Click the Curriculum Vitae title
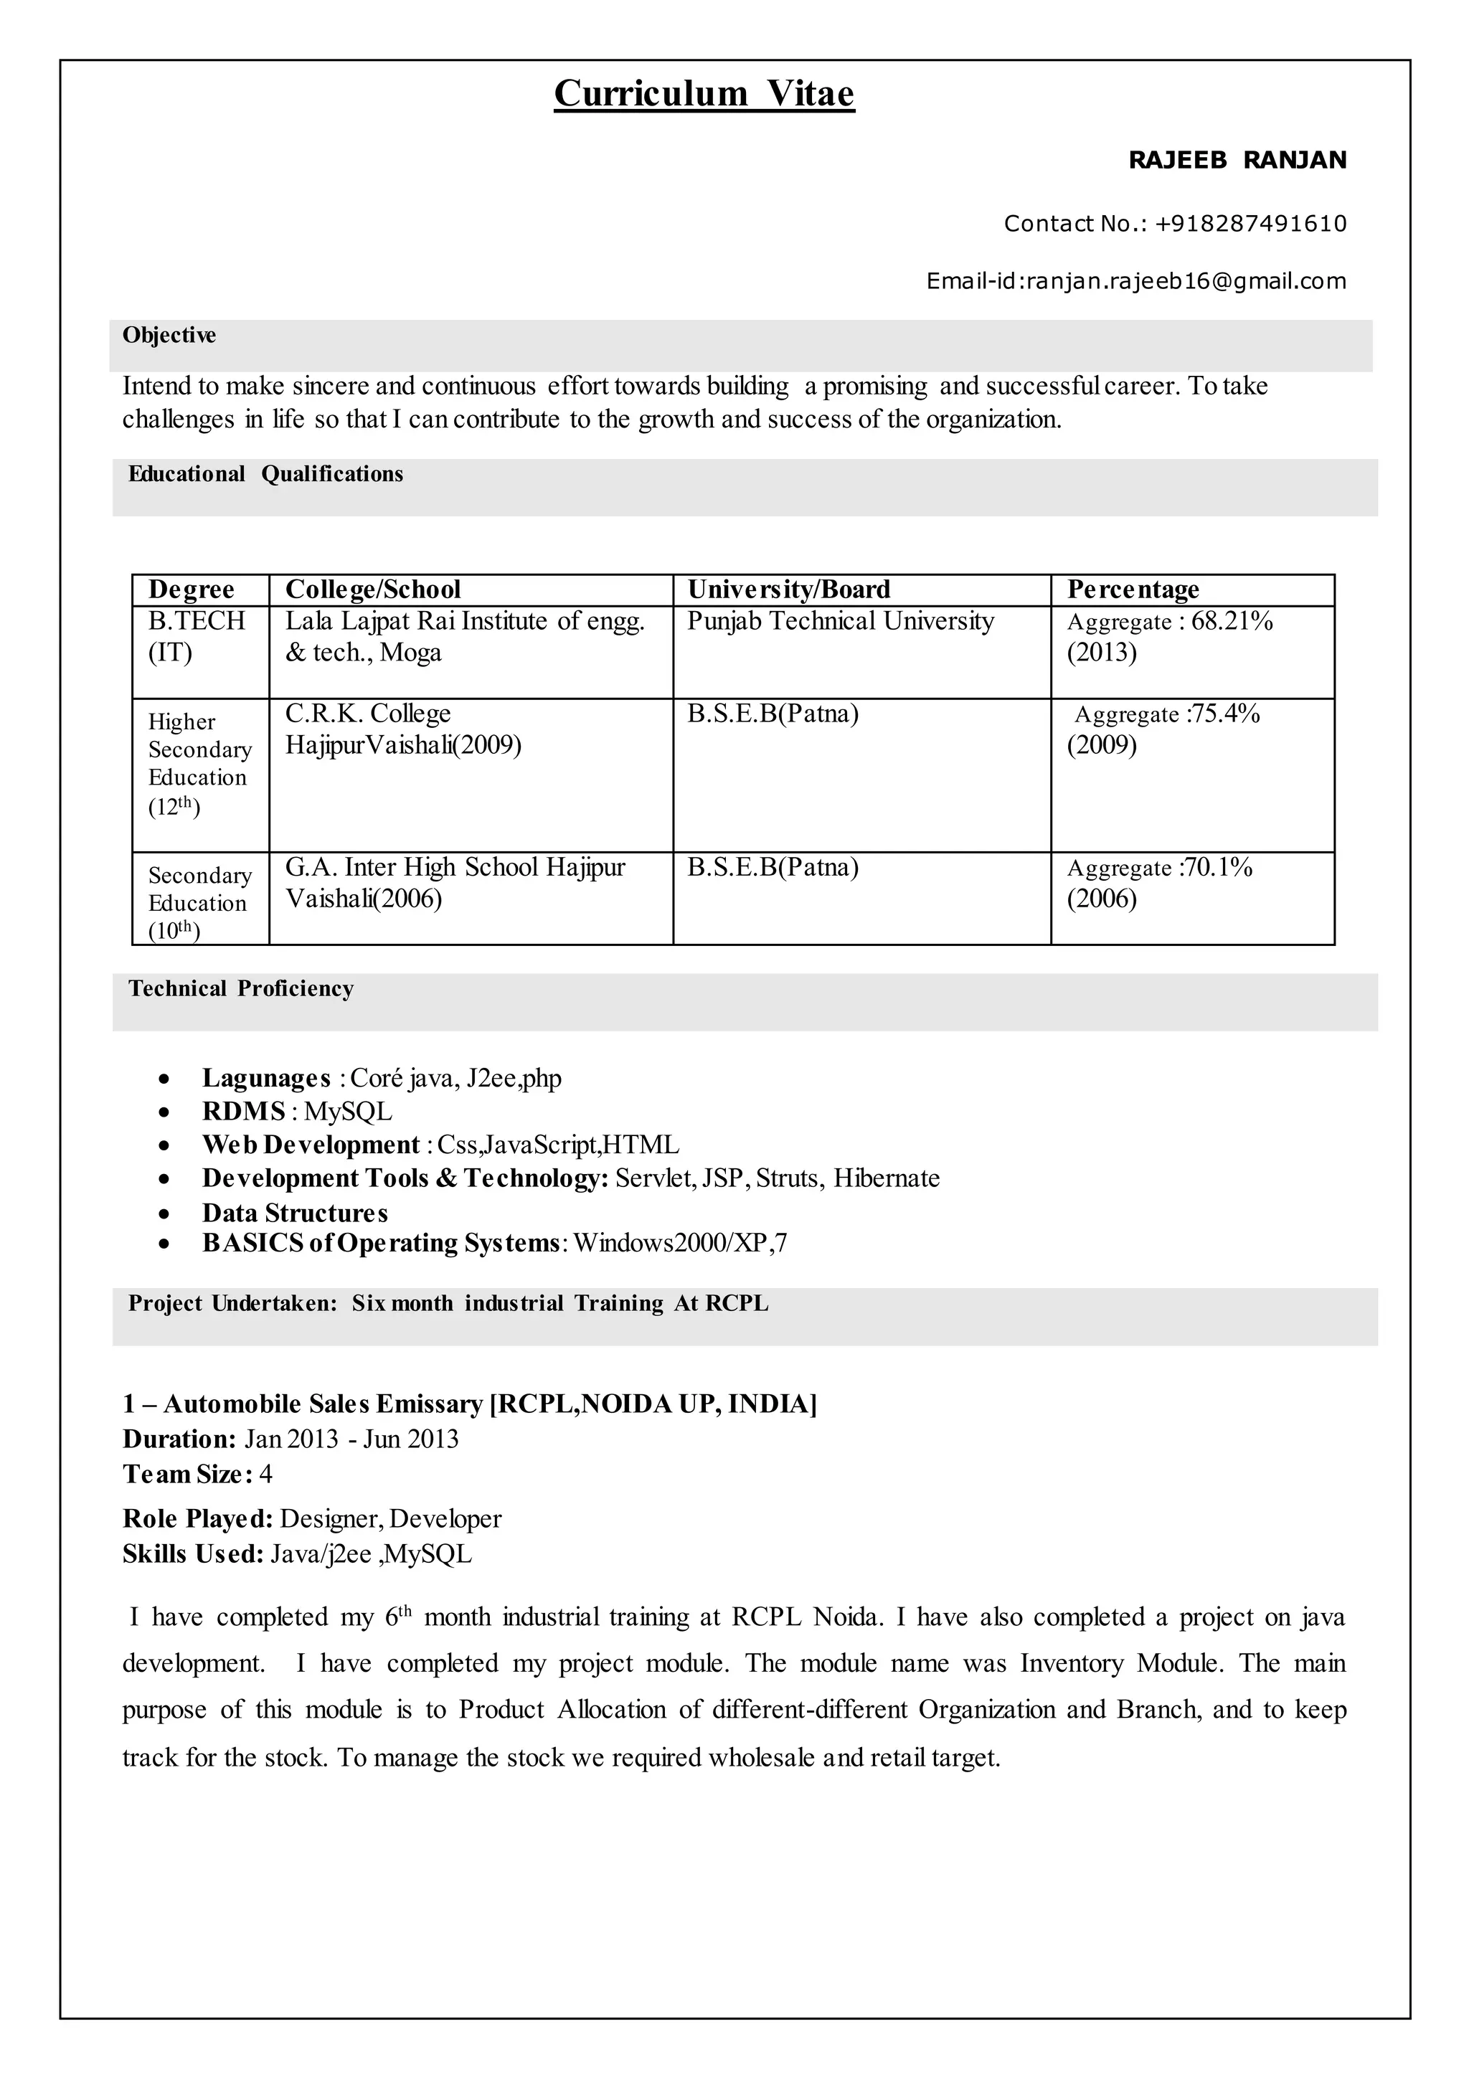tap(704, 94)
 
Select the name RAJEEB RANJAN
tap(1237, 160)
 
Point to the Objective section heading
tap(169, 336)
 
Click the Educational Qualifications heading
tap(265, 474)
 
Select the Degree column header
tap(191, 590)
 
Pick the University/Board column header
tap(789, 590)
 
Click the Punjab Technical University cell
tap(841, 622)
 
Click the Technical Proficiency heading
tap(240, 989)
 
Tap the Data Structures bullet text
tap(295, 1213)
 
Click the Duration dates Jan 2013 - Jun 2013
tap(351, 1439)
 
